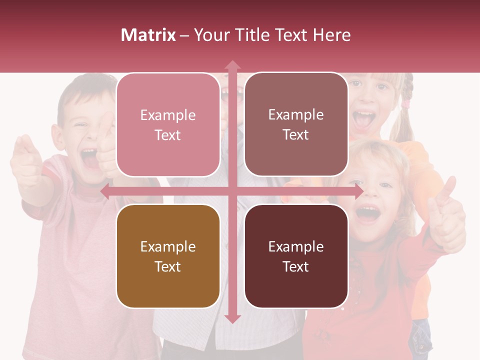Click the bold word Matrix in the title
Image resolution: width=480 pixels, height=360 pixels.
(x=148, y=35)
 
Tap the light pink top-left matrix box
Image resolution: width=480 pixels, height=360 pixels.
(x=168, y=125)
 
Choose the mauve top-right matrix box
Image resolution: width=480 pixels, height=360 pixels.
(x=296, y=124)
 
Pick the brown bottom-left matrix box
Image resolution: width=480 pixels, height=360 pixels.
(x=168, y=256)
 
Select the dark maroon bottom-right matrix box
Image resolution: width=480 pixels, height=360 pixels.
(x=296, y=256)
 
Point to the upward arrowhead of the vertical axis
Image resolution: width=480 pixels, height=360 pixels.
(x=232, y=65)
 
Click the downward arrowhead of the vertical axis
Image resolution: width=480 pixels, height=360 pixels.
(x=232, y=318)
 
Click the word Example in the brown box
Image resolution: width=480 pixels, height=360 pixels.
(x=168, y=246)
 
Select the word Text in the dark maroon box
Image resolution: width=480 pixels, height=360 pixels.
(x=296, y=266)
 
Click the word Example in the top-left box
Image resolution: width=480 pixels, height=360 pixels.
(x=168, y=115)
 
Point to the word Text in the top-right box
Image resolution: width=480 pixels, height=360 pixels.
(x=296, y=135)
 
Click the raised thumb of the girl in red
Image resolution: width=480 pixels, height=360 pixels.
(x=449, y=188)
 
